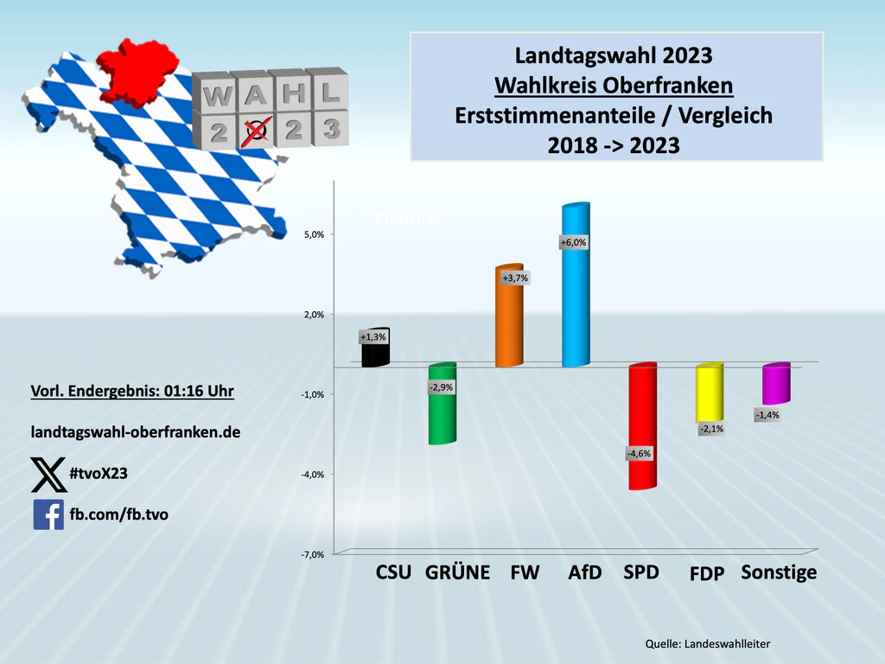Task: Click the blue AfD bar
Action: point(576,294)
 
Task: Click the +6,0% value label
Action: point(574,243)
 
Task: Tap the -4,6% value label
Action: point(640,453)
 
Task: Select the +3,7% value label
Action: point(515,278)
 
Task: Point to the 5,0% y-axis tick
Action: point(313,234)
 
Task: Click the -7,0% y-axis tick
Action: point(312,554)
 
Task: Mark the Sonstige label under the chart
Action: point(779,572)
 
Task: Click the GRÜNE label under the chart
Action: point(458,572)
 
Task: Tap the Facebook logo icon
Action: point(48,514)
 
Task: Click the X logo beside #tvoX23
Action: point(48,474)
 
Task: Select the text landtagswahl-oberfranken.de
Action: point(135,431)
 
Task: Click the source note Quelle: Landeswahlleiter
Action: point(707,644)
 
